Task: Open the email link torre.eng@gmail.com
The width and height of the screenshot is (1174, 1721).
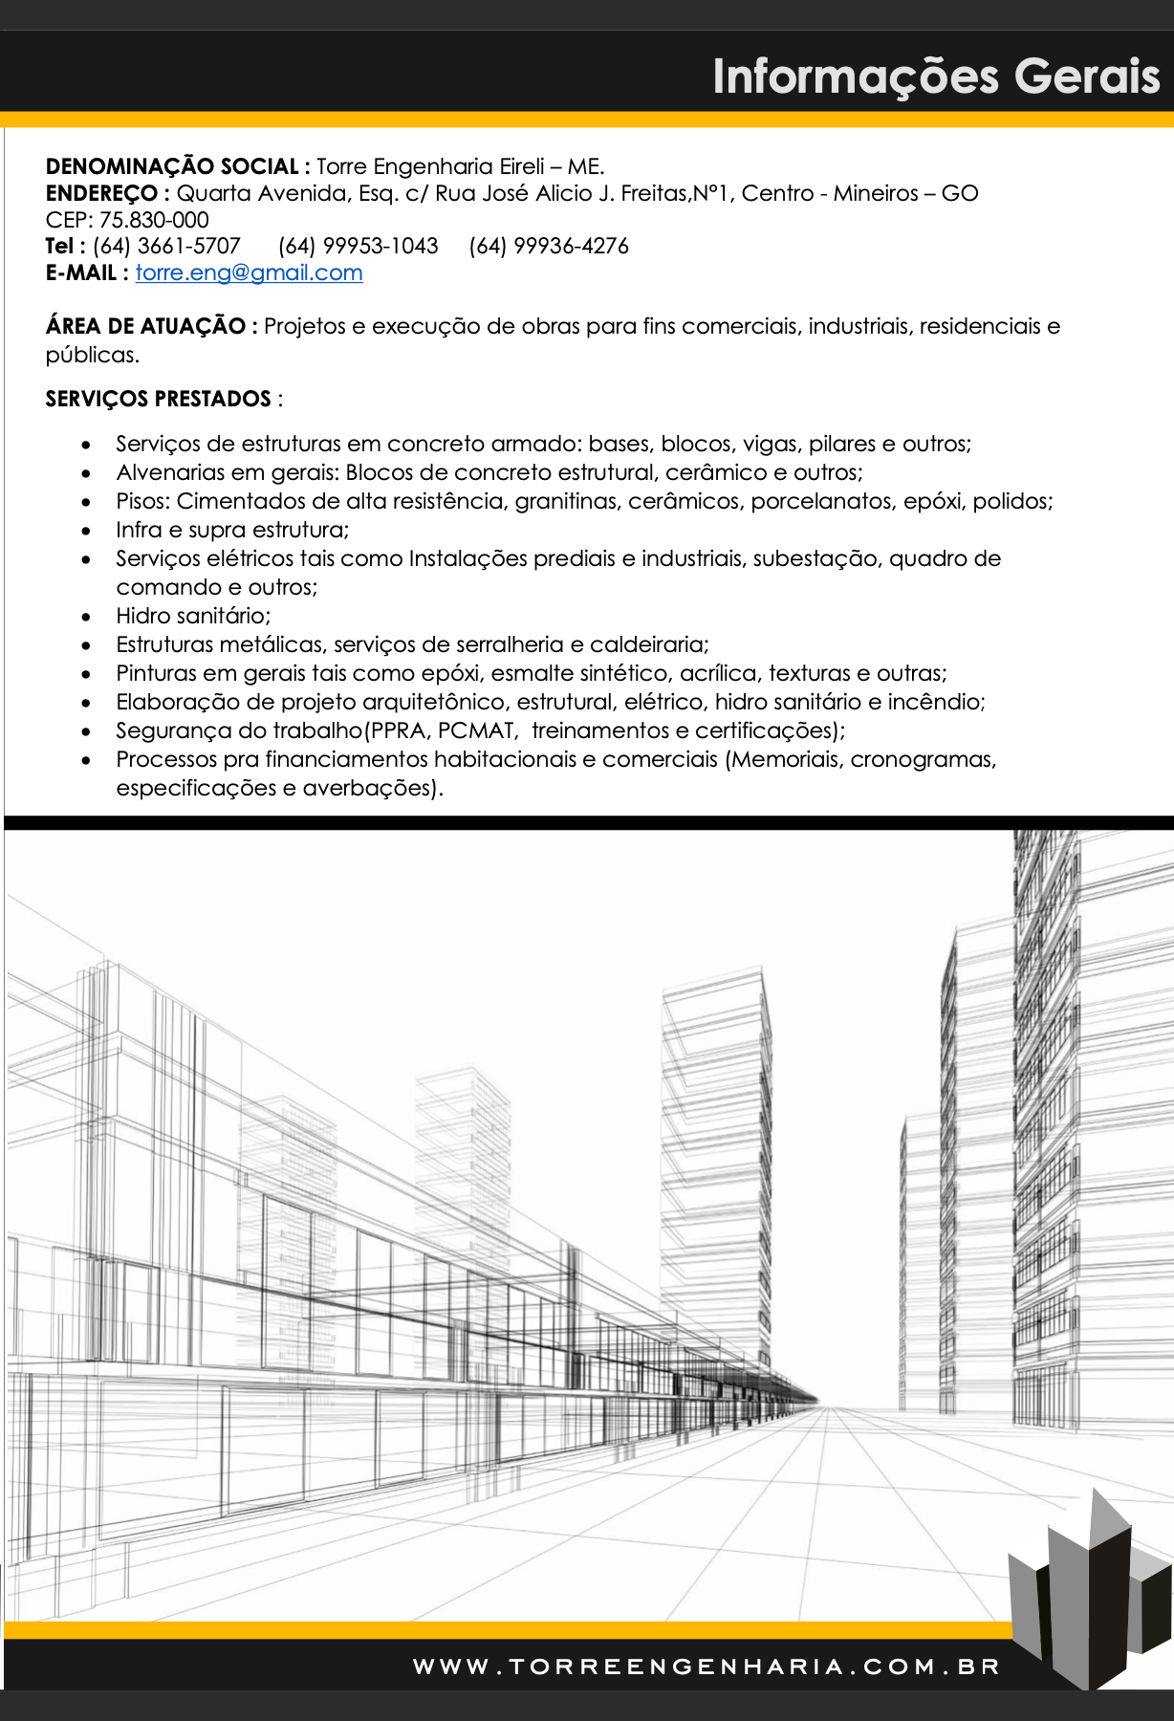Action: (x=249, y=272)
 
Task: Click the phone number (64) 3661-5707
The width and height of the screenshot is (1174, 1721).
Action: (x=166, y=246)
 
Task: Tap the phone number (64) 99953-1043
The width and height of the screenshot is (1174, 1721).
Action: (x=358, y=246)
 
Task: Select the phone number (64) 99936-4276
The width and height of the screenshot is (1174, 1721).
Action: (x=549, y=246)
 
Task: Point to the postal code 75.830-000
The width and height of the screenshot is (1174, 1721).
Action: (x=154, y=220)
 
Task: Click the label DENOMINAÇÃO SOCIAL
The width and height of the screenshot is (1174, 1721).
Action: (x=172, y=166)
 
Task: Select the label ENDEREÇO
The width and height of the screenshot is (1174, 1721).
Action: (x=101, y=193)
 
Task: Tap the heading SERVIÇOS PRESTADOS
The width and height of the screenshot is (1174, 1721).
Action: (x=158, y=399)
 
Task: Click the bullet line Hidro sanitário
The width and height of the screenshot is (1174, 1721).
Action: (x=193, y=616)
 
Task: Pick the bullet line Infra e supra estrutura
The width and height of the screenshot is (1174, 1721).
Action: (x=232, y=530)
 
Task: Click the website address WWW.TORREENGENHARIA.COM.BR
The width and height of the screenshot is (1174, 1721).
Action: (x=707, y=1667)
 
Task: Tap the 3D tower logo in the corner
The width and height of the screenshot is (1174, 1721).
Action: (x=1090, y=1587)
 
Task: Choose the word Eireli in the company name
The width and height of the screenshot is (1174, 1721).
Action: (x=521, y=166)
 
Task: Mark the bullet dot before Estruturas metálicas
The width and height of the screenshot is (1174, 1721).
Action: (x=87, y=645)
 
